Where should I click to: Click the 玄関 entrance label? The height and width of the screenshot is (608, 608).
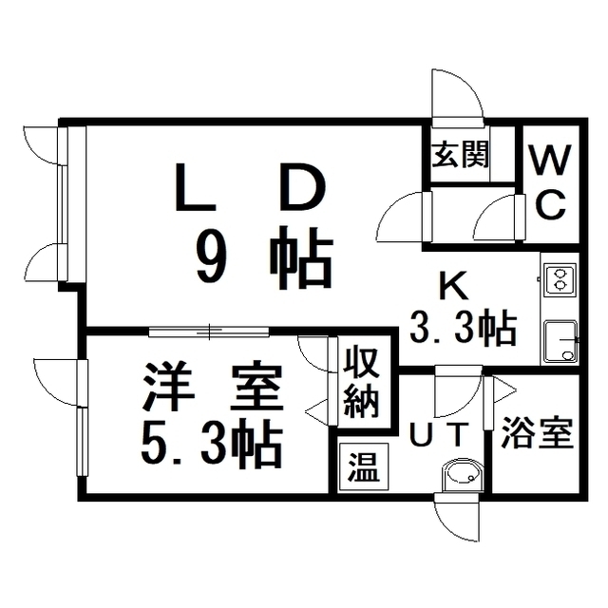pos(462,155)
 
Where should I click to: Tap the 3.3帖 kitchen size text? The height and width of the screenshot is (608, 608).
pos(463,329)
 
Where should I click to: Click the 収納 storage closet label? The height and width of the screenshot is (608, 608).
pos(361,383)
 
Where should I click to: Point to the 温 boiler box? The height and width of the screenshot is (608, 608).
pos(361,467)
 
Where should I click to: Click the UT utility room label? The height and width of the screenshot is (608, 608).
pos(438,435)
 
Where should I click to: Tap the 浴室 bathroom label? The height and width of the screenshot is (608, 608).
pos(537,435)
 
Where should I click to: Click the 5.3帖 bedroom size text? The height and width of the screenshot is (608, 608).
pos(210,442)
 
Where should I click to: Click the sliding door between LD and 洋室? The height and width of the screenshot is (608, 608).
pos(209,331)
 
